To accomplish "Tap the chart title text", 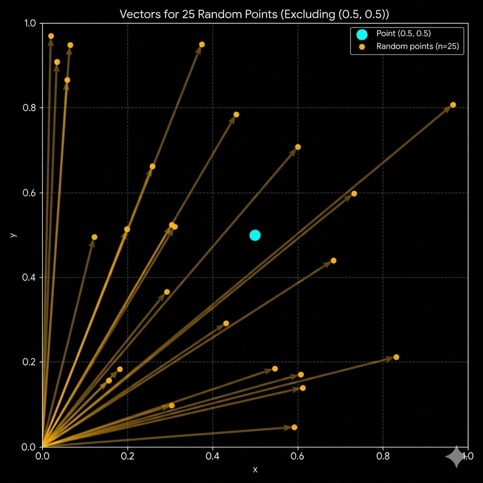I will (x=254, y=14).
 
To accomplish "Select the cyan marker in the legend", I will (x=362, y=34).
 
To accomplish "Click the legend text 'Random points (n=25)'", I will (x=417, y=46).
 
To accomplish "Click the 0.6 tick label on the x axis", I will (x=298, y=456).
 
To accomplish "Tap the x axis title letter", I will (x=255, y=469).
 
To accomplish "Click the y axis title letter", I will (x=14, y=234).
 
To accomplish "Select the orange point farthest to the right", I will (x=453, y=105).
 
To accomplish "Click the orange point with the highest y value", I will (x=51, y=36).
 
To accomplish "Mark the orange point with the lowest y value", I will (x=294, y=427).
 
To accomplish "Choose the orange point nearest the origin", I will (x=109, y=381).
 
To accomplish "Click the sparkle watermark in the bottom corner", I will (x=456, y=457).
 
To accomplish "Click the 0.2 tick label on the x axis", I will (x=128, y=456).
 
